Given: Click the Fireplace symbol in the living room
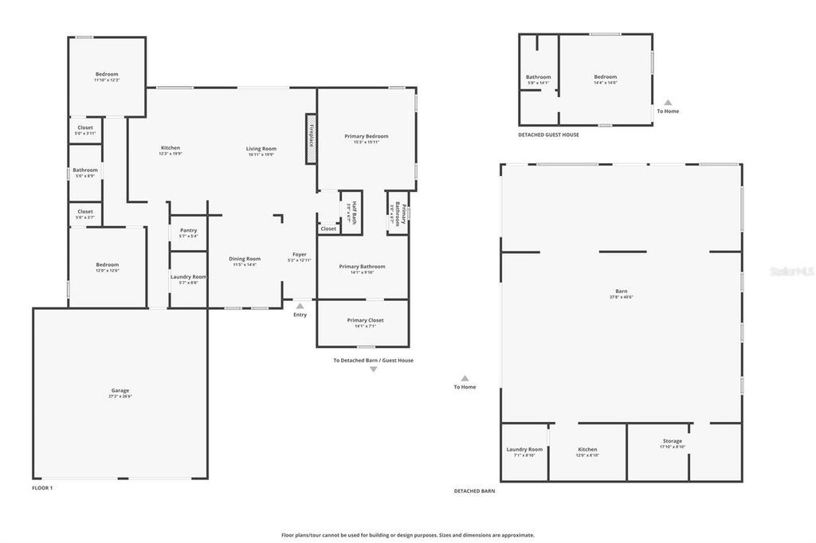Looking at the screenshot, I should pos(311,139).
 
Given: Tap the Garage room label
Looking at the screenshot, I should pos(120,391).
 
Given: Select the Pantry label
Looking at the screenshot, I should pos(188,230).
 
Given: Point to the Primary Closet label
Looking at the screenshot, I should pos(365,320).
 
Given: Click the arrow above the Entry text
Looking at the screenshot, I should pos(300,305).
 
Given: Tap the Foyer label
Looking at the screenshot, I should pos(300,254).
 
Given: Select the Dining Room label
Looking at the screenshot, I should pos(245,259).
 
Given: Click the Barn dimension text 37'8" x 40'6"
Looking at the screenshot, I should pos(622,297).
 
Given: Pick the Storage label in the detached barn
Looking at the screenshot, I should pos(672,441).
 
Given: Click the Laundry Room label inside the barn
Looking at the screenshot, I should pos(524,449).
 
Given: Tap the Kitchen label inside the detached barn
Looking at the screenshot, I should pos(587,449).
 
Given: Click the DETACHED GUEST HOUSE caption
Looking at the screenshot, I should pos(548,135).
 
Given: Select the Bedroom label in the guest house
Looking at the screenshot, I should pos(605,76).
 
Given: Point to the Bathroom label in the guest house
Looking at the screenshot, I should pos(538,77).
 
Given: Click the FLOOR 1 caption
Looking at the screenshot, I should pos(42,487).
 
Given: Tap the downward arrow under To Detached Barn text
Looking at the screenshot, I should pos(373,369).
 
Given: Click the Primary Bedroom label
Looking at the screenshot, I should pos(367,136).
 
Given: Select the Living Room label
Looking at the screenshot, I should pos(261,149).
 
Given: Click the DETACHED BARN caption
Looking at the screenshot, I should pos(474,491).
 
